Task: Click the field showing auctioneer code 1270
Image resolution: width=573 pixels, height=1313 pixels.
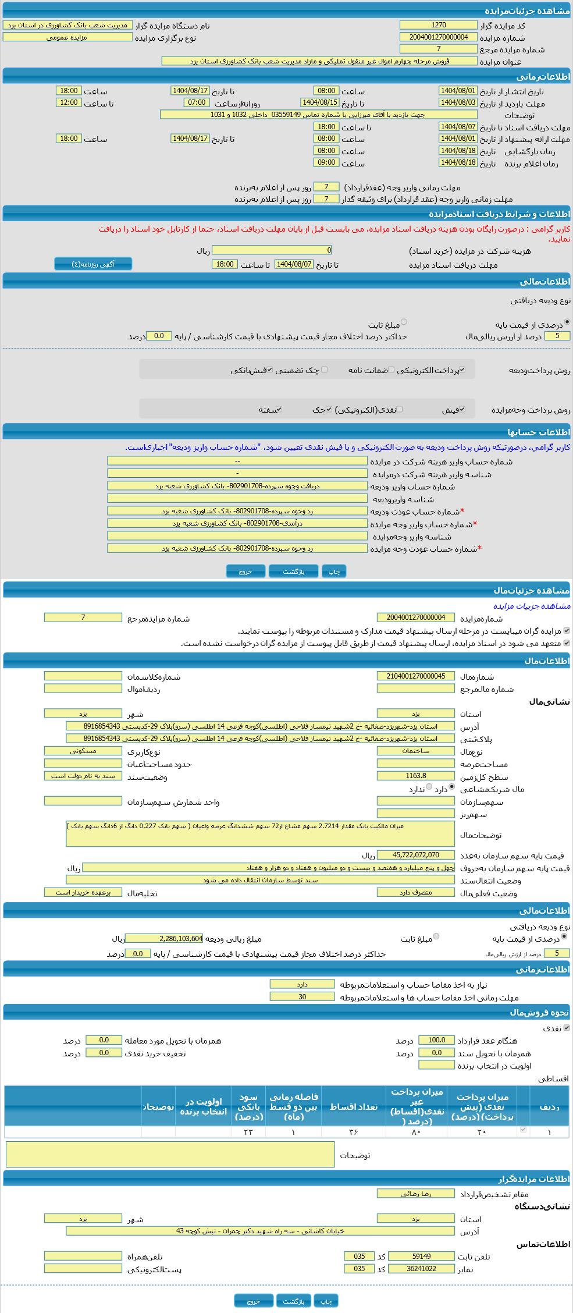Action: click(438, 25)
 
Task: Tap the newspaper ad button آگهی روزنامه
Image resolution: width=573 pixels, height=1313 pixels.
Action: click(93, 264)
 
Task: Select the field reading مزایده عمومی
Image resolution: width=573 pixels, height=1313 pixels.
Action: click(67, 37)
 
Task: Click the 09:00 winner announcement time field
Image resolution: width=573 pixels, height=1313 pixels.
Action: click(326, 163)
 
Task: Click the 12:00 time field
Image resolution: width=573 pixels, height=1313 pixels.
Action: click(69, 103)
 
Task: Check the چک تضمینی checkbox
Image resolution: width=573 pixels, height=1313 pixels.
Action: click(325, 370)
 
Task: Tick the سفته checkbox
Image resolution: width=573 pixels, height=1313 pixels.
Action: click(279, 410)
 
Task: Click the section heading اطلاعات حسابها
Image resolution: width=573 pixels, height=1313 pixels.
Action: click(538, 432)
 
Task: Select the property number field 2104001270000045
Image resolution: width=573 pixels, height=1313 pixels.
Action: click(415, 676)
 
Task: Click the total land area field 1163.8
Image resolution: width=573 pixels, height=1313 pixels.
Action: click(415, 776)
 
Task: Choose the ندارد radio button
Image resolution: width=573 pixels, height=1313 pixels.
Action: click(429, 787)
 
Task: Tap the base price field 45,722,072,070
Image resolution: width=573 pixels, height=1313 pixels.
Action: click(415, 855)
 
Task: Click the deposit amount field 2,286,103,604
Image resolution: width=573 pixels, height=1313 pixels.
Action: click(164, 938)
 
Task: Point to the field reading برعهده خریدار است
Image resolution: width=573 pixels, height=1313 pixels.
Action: click(83, 892)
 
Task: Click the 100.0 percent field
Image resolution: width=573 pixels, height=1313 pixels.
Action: click(436, 1040)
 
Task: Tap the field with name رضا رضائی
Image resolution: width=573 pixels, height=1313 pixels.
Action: click(415, 1193)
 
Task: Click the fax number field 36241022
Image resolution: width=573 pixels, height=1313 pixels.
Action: click(421, 1268)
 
